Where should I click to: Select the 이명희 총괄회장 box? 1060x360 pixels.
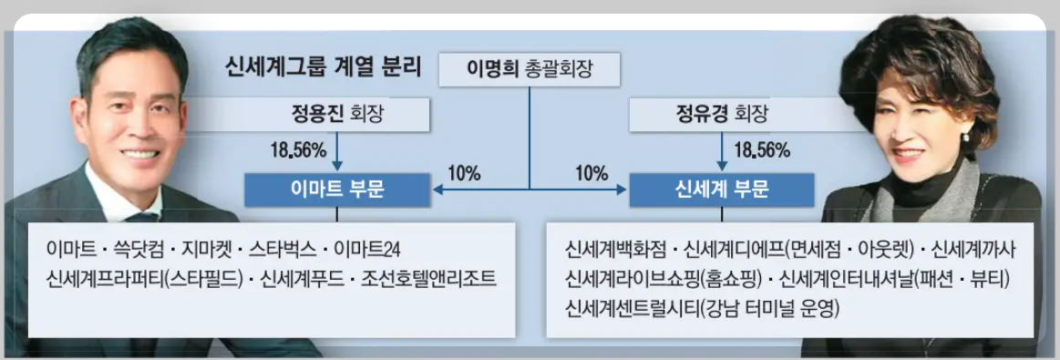530,69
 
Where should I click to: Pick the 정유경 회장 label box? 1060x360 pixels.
723,116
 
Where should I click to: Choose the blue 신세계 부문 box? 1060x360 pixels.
723,190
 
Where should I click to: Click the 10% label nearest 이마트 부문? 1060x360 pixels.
465,172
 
